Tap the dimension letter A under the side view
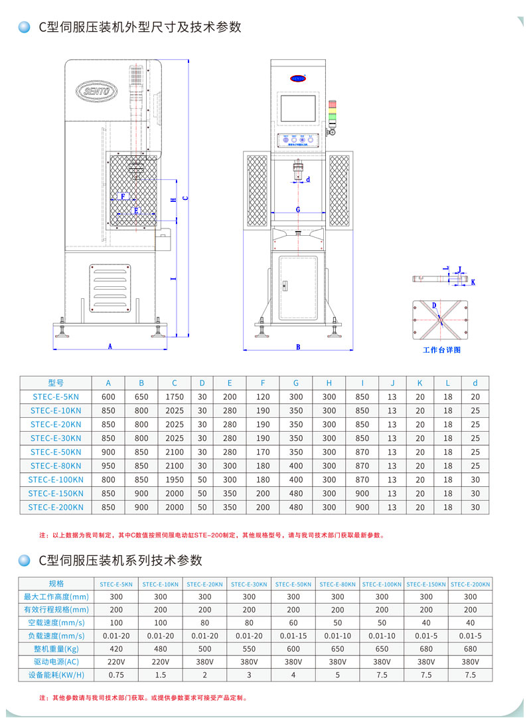[x=110, y=346]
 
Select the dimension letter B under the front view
[x=298, y=347]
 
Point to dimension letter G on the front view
[x=298, y=209]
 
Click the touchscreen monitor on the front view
[x=299, y=110]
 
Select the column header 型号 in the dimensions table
[x=56, y=383]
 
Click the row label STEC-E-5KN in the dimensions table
[x=56, y=397]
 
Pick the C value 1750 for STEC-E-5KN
[x=174, y=397]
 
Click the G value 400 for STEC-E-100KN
[x=296, y=480]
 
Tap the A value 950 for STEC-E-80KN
[x=108, y=466]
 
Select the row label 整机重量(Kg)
[x=56, y=648]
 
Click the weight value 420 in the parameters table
[x=116, y=648]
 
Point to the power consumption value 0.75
[x=116, y=674]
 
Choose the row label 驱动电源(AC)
[x=56, y=662]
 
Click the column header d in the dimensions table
[x=475, y=383]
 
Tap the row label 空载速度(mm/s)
[x=56, y=622]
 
